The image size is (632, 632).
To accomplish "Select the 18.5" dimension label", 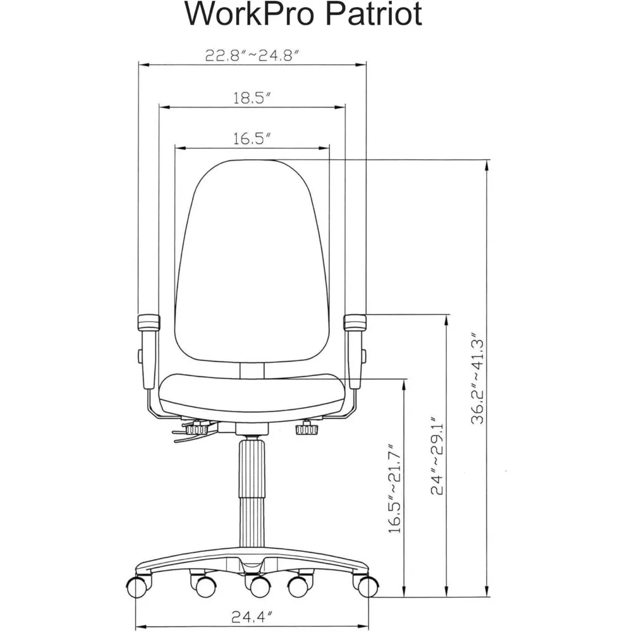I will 252,98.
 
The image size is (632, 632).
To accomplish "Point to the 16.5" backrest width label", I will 252,139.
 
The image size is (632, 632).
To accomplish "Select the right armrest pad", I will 356,322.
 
